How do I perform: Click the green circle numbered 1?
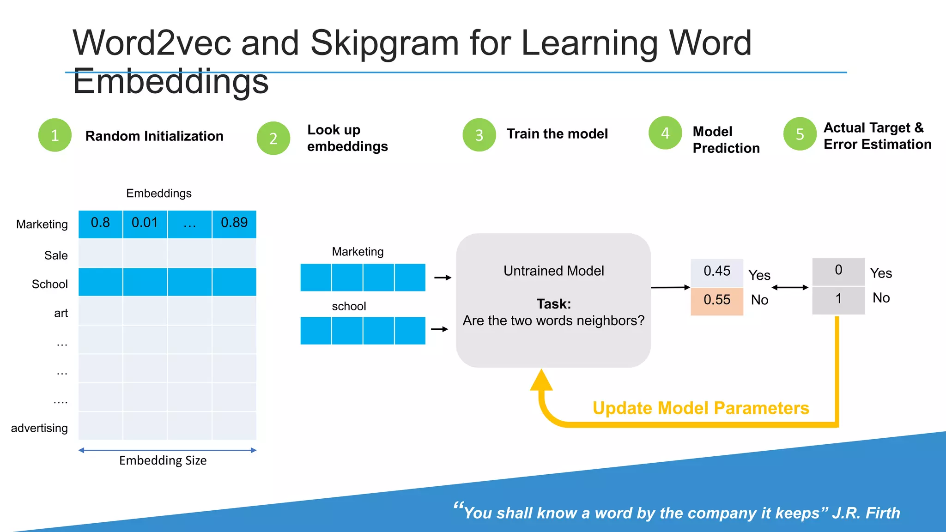click(55, 135)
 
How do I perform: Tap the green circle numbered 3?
click(479, 135)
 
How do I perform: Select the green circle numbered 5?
click(800, 134)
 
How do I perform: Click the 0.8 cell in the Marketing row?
click(100, 224)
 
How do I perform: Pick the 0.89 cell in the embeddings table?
click(234, 224)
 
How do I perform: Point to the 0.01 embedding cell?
click(145, 224)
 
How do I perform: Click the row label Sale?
click(56, 255)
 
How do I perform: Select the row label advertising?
click(39, 428)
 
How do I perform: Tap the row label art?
click(61, 313)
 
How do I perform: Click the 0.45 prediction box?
click(717, 272)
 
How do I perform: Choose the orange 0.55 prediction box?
click(717, 301)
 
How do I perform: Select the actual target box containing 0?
click(838, 271)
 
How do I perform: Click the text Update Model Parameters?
click(701, 408)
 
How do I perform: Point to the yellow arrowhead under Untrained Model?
click(541, 381)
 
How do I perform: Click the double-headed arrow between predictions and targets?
click(790, 287)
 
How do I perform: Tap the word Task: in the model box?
click(553, 304)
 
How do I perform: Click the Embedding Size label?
click(163, 460)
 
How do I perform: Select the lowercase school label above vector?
click(349, 306)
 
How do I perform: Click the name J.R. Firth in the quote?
click(866, 513)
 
